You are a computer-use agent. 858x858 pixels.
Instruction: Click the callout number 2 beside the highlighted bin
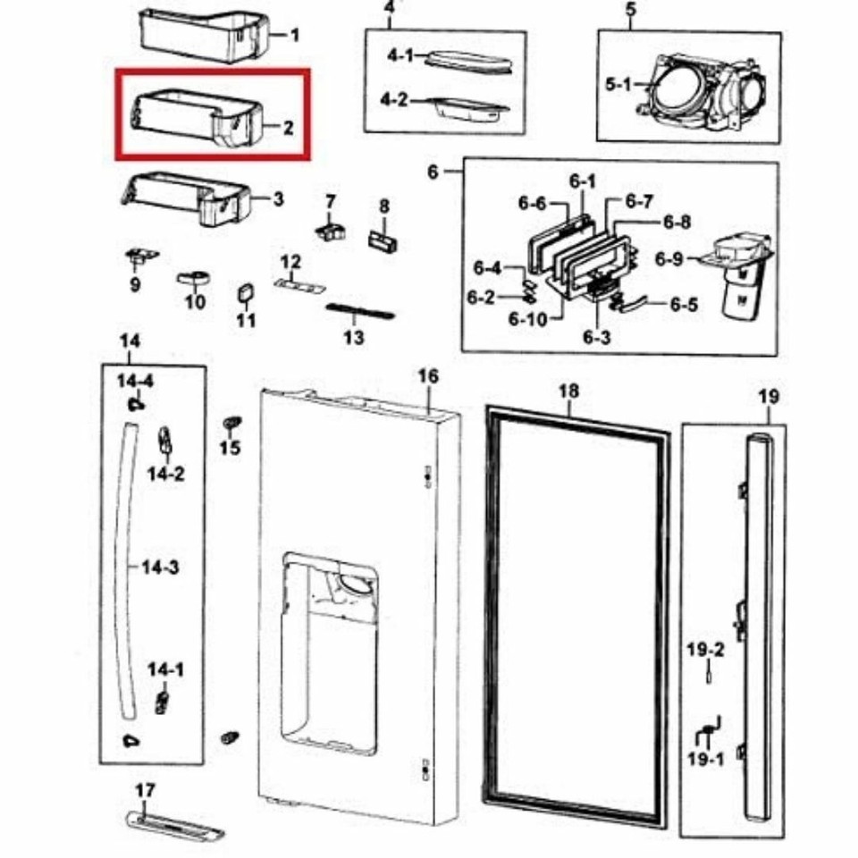pyautogui.click(x=288, y=128)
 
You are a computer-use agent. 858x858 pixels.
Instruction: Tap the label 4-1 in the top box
pyautogui.click(x=401, y=55)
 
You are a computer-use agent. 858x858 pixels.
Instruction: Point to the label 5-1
pyautogui.click(x=618, y=84)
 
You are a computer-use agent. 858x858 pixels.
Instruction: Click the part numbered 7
pyautogui.click(x=331, y=231)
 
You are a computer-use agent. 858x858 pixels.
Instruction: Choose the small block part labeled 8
pyautogui.click(x=383, y=240)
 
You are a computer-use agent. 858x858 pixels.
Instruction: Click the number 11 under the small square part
pyautogui.click(x=247, y=320)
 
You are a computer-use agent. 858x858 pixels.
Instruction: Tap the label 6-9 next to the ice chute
pyautogui.click(x=669, y=258)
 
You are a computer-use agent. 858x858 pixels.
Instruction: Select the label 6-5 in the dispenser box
pyautogui.click(x=684, y=304)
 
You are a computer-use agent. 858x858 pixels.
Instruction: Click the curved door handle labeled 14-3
pyautogui.click(x=126, y=569)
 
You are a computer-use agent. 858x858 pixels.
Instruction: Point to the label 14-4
pyautogui.click(x=135, y=381)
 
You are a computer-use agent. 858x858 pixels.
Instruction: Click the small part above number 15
pyautogui.click(x=232, y=424)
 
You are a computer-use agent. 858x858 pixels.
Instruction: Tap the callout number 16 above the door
pyautogui.click(x=428, y=376)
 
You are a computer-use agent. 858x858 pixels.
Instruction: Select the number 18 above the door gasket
pyautogui.click(x=568, y=391)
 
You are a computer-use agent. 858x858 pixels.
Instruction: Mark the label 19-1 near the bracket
pyautogui.click(x=705, y=760)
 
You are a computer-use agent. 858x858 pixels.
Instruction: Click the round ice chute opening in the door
pyautogui.click(x=357, y=584)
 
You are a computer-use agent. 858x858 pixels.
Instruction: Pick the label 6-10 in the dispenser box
pyautogui.click(x=527, y=318)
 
